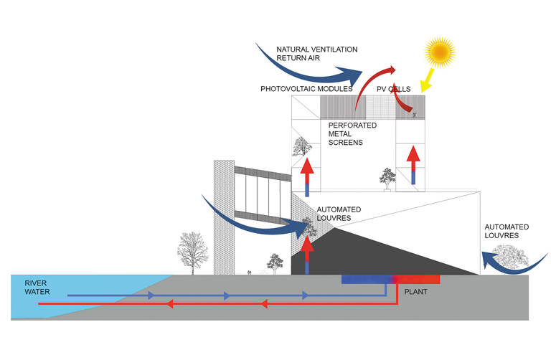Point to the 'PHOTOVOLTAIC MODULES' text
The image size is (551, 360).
click(x=306, y=89)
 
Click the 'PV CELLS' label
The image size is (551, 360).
click(x=394, y=89)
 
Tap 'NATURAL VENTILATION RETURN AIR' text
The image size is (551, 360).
click(x=316, y=55)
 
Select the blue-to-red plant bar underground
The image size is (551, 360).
click(x=391, y=279)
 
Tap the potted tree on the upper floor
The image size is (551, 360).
click(x=388, y=179)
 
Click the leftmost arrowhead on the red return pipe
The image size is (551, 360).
click(x=171, y=303)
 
